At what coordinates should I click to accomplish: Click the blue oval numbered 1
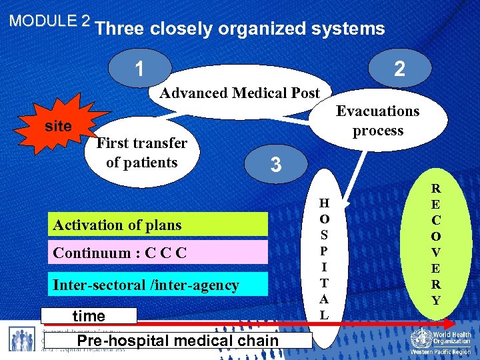tap(139, 68)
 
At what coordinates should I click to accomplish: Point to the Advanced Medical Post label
tap(239, 93)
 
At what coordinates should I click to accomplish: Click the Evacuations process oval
tap(377, 121)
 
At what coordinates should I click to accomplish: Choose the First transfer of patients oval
tap(142, 153)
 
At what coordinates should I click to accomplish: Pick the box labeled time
tap(89, 315)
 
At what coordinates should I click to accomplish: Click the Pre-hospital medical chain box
tap(177, 341)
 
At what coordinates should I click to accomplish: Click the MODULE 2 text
tap(49, 21)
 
